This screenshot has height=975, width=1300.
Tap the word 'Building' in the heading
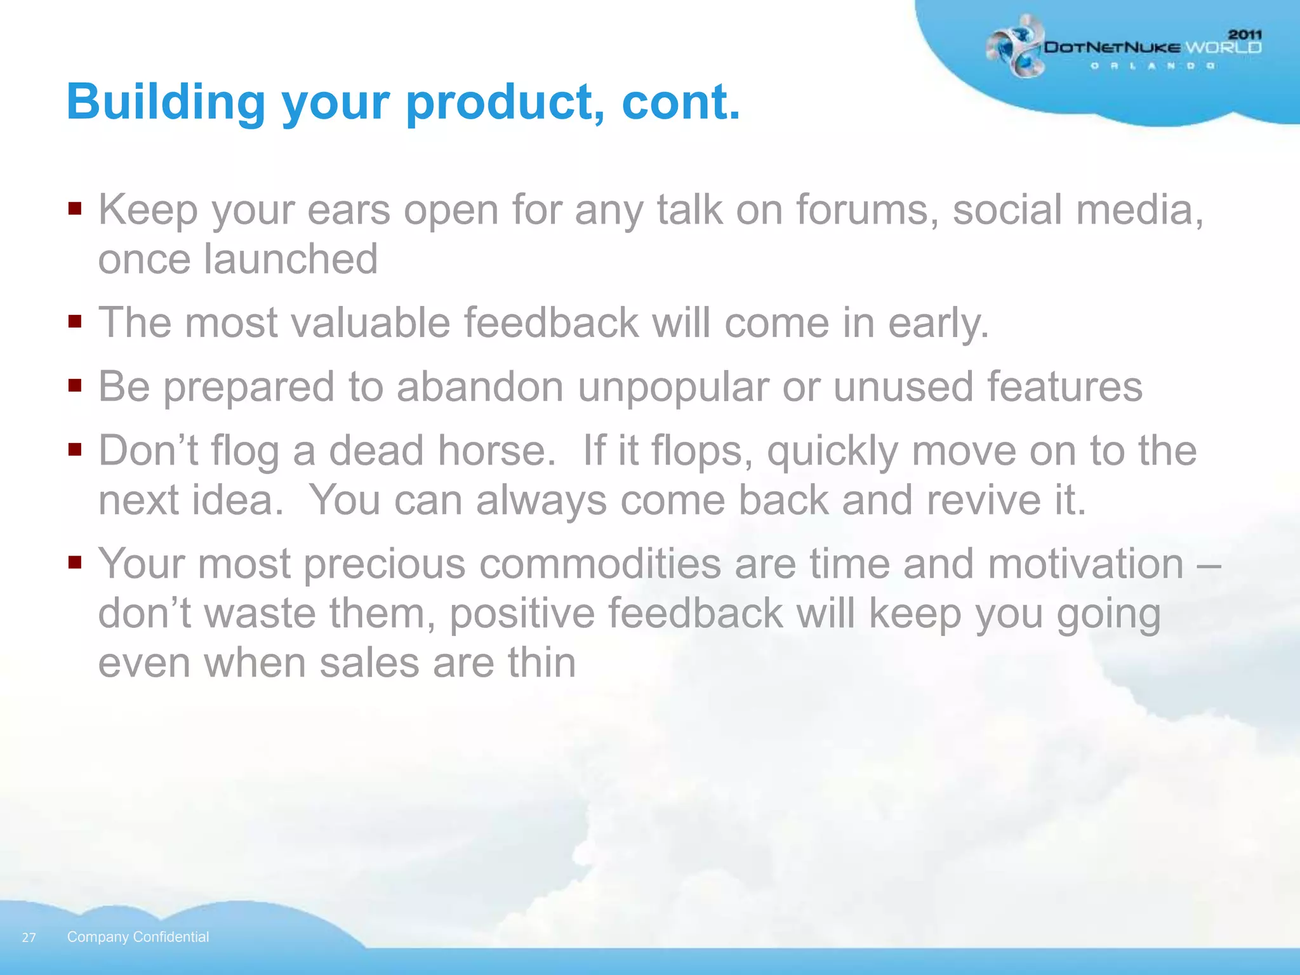pos(166,103)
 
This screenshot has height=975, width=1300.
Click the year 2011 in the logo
pos(1245,35)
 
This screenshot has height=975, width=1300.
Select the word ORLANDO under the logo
pos(1152,66)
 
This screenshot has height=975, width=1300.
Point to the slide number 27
pos(29,938)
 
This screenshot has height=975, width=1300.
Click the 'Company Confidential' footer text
pos(138,937)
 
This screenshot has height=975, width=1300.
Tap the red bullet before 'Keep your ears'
pos(75,209)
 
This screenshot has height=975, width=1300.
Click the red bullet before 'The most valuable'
pos(75,321)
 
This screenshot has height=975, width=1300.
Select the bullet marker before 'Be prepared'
pos(75,385)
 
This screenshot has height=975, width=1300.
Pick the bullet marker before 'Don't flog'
pos(75,449)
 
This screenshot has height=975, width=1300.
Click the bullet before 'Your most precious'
pos(75,562)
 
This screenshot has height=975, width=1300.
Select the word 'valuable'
pos(371,322)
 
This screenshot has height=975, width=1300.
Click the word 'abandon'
pos(480,387)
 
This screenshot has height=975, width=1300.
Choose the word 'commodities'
pos(600,564)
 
